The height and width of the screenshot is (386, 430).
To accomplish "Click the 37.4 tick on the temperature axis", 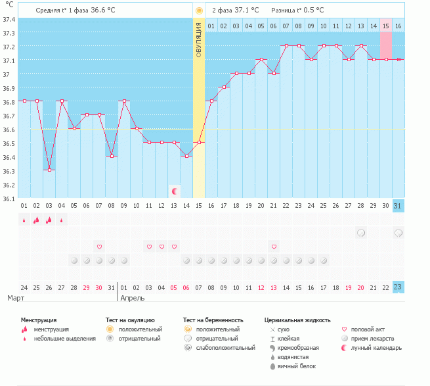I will coord(9,20).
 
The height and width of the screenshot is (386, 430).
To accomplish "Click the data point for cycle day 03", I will coord(49,170).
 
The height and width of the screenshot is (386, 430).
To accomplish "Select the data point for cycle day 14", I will coord(186,156).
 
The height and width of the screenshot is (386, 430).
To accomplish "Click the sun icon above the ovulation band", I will coord(199,11).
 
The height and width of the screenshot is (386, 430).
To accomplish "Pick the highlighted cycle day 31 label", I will coord(398,206).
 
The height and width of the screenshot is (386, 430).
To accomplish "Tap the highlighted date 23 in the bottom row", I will coord(398,287).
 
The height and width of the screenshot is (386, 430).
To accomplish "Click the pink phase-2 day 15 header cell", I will coord(386,26).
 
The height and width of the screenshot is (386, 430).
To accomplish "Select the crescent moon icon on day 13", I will coord(175,191).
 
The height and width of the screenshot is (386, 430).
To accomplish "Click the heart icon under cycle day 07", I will coord(99,247).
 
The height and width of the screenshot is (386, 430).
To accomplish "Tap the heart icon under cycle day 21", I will coord(274,247).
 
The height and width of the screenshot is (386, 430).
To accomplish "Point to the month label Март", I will coord(16,299).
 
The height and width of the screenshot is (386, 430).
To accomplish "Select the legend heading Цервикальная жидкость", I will coord(297,320).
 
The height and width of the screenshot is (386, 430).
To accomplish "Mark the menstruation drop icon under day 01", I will coord(24,221).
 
